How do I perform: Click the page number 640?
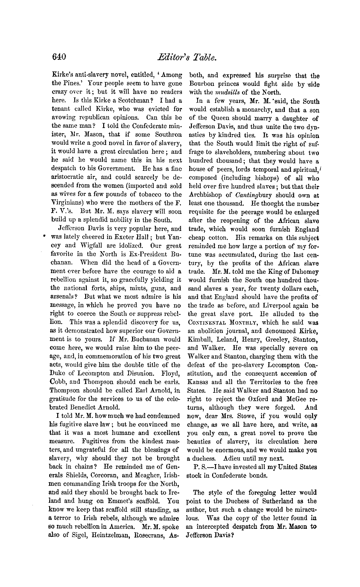coord(59,57)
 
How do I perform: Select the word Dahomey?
coord(304,272)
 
